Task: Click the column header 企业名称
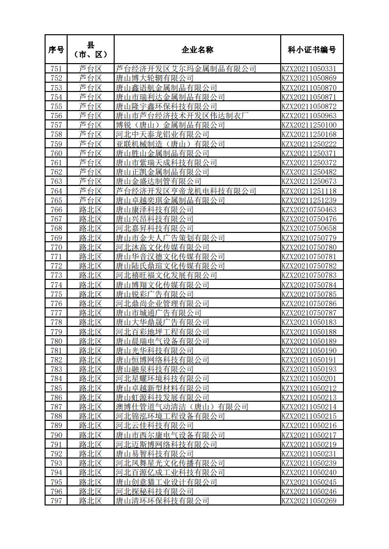[197, 49]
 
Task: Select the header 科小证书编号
[312, 49]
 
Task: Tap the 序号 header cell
[56, 49]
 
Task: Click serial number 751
[56, 69]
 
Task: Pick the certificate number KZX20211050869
[312, 78]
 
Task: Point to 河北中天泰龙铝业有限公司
[162, 135]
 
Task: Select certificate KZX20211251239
[312, 200]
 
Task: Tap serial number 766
[56, 209]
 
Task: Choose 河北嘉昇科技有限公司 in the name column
[154, 229]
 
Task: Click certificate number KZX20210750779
[312, 238]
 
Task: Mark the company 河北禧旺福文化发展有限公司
[166, 275]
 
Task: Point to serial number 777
[56, 313]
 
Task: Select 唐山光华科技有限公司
[154, 350]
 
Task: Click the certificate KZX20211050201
[312, 379]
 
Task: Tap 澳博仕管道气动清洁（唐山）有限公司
[182, 407]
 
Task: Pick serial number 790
[56, 435]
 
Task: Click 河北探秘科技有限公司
[154, 491]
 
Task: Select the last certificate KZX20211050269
[312, 501]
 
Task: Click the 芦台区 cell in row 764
[90, 191]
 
